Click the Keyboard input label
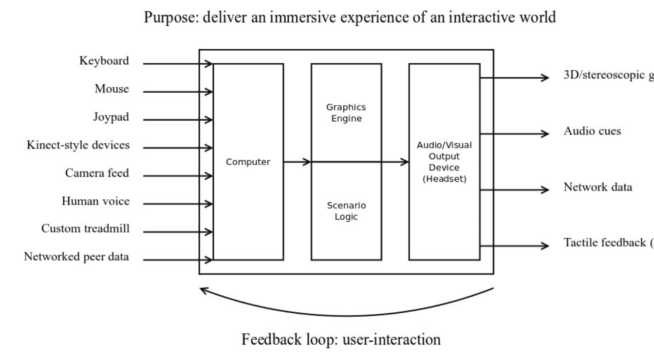104,61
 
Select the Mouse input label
112,89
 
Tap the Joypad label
111,117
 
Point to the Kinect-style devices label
78,145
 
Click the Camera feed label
97,173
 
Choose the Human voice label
95,201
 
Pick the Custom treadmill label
85,228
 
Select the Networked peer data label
76,257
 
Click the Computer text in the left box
248,162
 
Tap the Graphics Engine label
346,113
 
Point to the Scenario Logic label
346,210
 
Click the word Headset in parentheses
444,179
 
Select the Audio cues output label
592,132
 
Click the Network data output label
598,188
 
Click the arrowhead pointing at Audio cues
545,133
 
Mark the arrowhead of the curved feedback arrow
205,290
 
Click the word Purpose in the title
164,19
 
